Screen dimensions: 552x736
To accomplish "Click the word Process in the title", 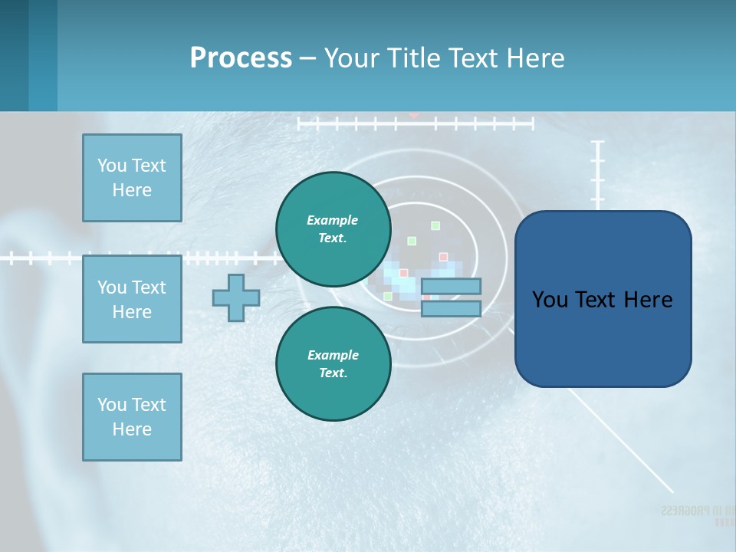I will [x=241, y=58].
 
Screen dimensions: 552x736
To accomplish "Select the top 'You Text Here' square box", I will [x=132, y=178].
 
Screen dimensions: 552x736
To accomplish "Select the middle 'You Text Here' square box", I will [x=132, y=299].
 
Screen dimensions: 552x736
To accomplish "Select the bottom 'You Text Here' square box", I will [x=132, y=416].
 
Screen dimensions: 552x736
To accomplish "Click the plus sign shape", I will [x=235, y=297].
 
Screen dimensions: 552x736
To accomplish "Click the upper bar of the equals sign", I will [x=451, y=287].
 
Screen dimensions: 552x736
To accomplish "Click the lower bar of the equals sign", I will [x=451, y=308].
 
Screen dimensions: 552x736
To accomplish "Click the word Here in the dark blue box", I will [x=650, y=300].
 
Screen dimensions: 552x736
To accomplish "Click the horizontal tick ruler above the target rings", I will [x=414, y=123].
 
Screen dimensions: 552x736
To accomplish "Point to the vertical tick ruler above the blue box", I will [x=598, y=172].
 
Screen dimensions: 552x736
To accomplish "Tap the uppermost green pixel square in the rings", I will [x=435, y=225].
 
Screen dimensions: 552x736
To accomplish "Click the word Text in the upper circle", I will [x=333, y=238].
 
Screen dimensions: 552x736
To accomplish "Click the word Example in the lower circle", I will [x=333, y=355].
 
